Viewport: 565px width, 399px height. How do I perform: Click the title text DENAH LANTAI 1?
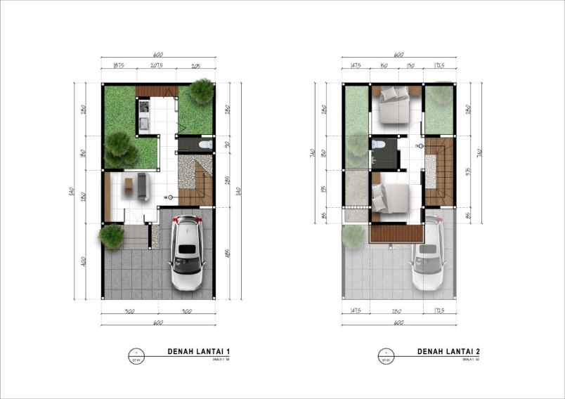[199, 351]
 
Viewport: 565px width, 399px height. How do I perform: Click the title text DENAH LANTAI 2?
[449, 351]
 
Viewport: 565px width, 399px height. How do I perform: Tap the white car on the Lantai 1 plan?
[187, 253]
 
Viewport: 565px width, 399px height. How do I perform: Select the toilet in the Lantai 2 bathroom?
[377, 145]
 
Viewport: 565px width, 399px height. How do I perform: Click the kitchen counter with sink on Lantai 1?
[144, 117]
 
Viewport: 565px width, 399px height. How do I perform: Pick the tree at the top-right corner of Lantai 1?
[202, 91]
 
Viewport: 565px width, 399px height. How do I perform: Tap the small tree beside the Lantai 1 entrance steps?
[111, 236]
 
